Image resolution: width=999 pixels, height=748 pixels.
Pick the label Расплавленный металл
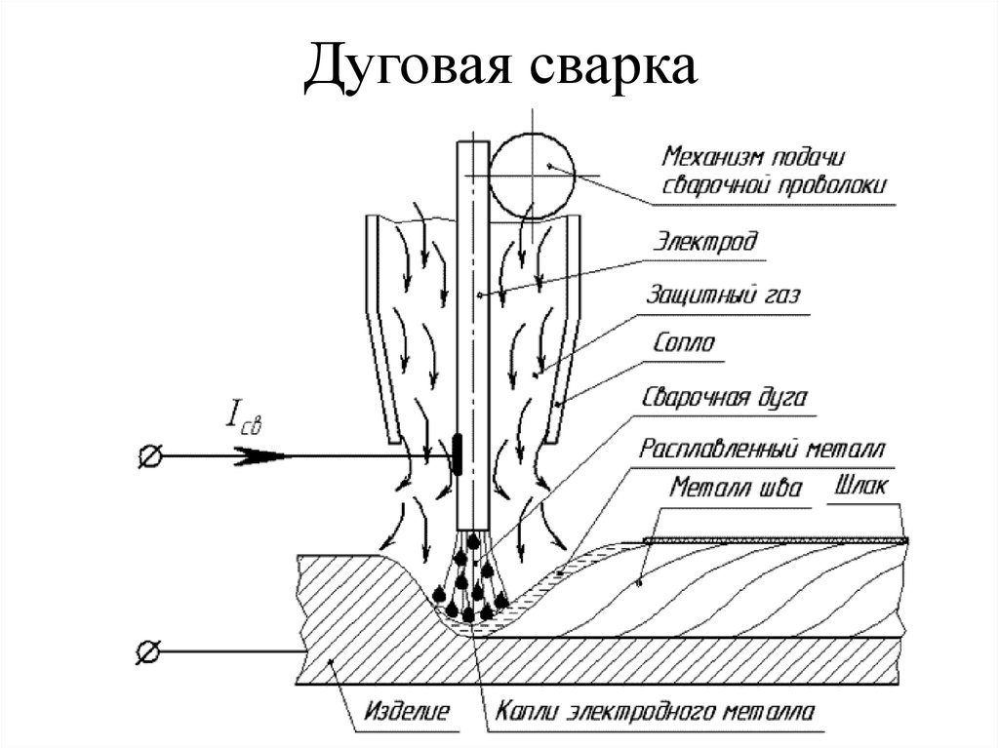(762, 451)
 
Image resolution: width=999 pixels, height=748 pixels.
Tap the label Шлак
(863, 487)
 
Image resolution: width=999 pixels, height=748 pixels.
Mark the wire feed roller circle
(532, 175)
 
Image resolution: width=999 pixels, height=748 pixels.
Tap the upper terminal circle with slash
(151, 455)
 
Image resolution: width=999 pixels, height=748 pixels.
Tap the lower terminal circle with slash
(151, 651)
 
